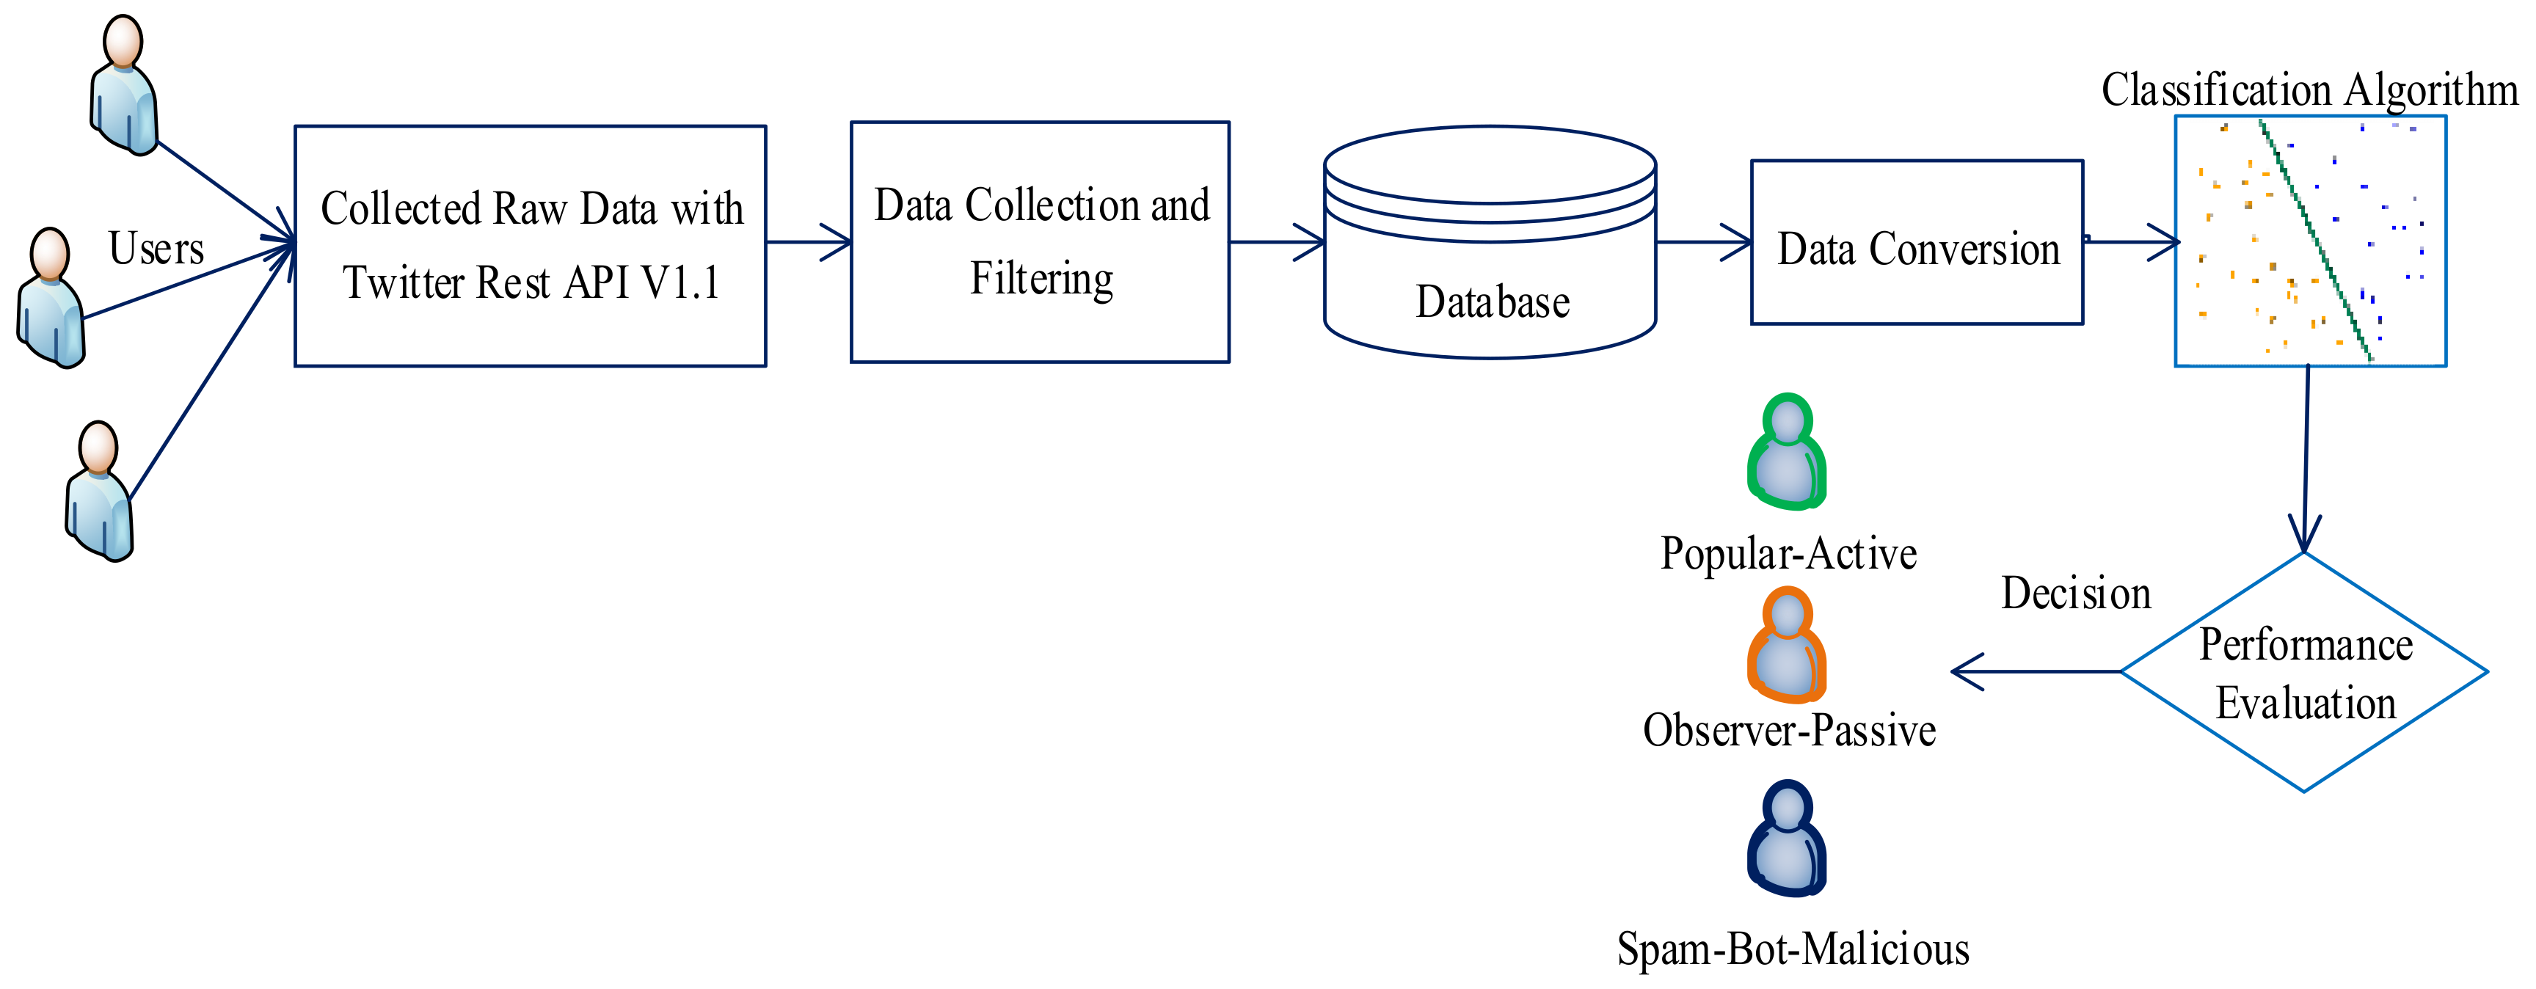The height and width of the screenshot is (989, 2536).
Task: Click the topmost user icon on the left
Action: pos(124,86)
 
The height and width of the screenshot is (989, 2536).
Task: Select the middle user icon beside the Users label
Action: pos(51,298)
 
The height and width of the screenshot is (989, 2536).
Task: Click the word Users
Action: pos(156,248)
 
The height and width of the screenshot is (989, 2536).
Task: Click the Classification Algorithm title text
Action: pos(2309,90)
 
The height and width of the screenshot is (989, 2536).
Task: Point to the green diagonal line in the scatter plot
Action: pos(2315,241)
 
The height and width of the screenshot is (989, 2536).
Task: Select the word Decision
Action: pos(2076,594)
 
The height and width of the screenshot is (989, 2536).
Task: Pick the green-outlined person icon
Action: pos(1787,452)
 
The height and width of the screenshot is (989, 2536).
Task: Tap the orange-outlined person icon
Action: pos(1787,645)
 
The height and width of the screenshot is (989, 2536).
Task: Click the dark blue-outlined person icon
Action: pos(1787,839)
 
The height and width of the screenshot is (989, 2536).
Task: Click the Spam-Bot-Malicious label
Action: pos(1793,949)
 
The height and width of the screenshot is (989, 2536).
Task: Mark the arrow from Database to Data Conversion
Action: pos(1704,242)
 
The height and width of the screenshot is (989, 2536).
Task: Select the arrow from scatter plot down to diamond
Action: pos(2306,459)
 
